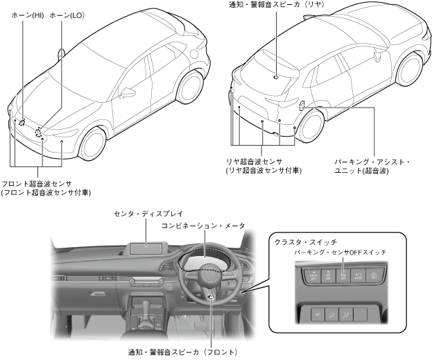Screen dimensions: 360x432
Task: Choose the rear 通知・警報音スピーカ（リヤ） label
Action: [276, 6]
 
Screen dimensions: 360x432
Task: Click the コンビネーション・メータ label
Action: [204, 226]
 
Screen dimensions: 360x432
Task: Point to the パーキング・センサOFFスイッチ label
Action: [340, 252]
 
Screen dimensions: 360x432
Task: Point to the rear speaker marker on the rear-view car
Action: [276, 76]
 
